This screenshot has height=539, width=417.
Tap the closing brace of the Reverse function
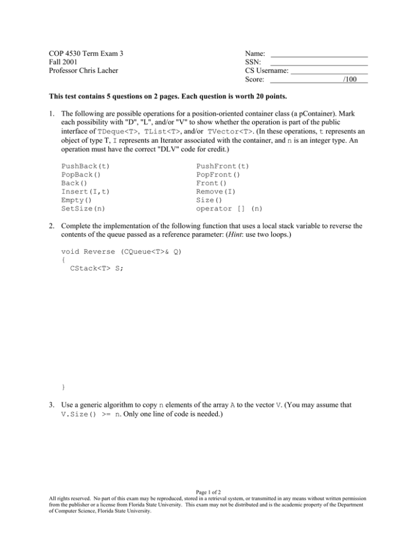(x=64, y=386)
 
